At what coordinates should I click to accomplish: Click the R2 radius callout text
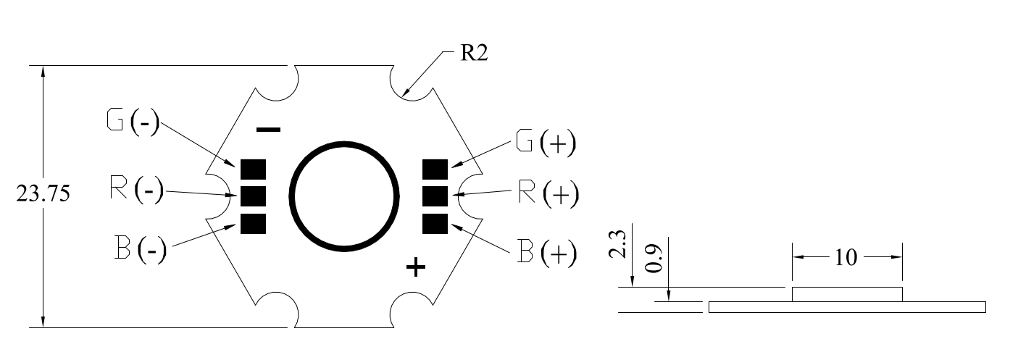(x=474, y=53)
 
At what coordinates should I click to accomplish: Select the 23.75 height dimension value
(x=43, y=194)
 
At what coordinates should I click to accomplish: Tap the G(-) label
(x=133, y=122)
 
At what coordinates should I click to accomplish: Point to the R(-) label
(x=137, y=190)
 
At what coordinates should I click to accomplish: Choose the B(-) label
(x=141, y=248)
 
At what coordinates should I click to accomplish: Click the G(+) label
(x=546, y=143)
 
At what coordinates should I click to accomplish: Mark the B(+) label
(x=547, y=252)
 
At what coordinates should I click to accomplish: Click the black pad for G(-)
(x=253, y=169)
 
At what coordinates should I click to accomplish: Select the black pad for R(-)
(x=253, y=196)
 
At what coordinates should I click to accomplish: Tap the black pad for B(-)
(x=253, y=224)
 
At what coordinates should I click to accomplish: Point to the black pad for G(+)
(x=435, y=169)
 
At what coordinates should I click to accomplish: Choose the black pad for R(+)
(x=435, y=196)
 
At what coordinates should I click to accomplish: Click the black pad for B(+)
(x=435, y=224)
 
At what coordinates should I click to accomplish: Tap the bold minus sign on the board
(x=269, y=130)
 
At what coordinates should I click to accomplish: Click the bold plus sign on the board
(x=416, y=267)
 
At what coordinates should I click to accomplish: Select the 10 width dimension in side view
(x=846, y=258)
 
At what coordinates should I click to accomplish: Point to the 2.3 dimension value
(x=617, y=245)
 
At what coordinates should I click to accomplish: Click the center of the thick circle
(x=344, y=196)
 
